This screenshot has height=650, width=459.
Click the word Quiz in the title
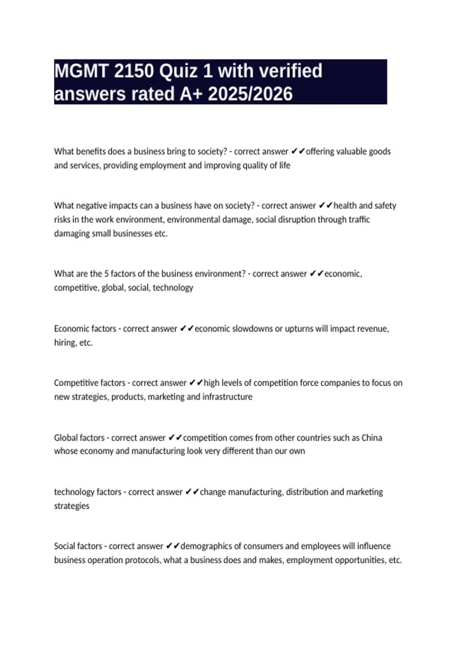(x=181, y=71)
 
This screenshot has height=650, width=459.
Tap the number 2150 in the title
(x=133, y=71)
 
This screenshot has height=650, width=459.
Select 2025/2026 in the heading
(x=250, y=94)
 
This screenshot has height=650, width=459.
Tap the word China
(x=371, y=437)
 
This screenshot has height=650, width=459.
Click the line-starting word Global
(x=66, y=437)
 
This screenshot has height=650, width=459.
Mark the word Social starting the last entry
(x=65, y=546)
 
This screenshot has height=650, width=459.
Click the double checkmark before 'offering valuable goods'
(x=298, y=151)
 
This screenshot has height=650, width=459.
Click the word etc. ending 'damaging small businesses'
(x=161, y=234)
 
